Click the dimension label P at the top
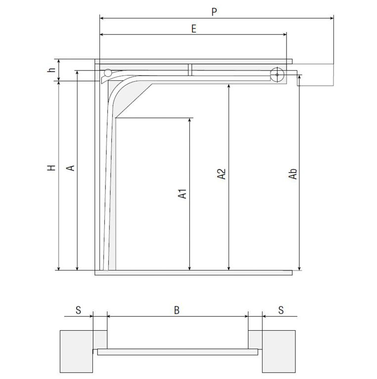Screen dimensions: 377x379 point(214,12)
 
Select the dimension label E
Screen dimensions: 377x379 point(193,29)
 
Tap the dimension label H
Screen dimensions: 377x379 point(51,168)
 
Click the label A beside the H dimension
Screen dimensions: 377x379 point(71,168)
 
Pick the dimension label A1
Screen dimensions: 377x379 point(182,194)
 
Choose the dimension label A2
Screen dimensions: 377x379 point(221,174)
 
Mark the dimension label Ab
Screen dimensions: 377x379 point(293,174)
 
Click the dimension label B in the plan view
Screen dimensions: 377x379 point(177,310)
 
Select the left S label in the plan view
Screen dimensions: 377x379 point(78,310)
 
